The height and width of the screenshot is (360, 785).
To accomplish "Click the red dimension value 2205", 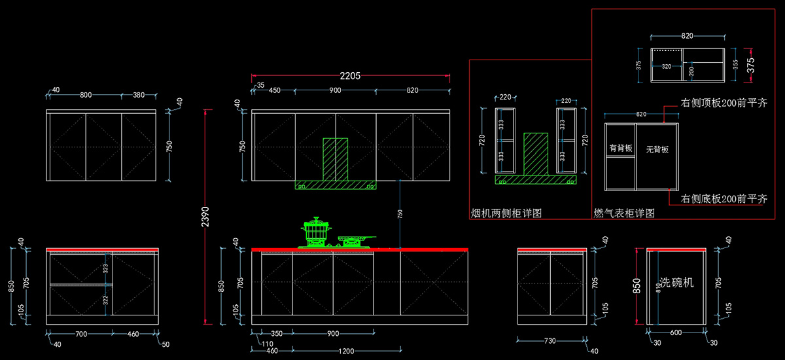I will (x=351, y=76).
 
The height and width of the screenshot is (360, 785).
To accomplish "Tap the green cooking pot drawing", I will (x=317, y=233).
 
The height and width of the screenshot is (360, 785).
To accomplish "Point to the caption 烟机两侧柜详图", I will (x=506, y=213).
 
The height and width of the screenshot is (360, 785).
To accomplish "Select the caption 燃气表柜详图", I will (x=624, y=213).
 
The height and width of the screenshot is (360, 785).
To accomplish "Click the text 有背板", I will (x=620, y=149).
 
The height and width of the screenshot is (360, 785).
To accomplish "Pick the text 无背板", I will (x=657, y=150).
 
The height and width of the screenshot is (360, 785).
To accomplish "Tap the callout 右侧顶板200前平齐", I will (x=724, y=103).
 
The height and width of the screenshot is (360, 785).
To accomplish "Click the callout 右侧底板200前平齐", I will (x=724, y=198).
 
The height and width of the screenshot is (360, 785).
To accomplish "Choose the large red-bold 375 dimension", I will (x=751, y=65).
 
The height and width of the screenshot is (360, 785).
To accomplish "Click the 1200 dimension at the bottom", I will (x=347, y=351).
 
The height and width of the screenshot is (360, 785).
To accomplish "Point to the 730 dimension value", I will (x=550, y=341).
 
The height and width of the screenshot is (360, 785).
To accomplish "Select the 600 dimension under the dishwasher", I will (x=676, y=333).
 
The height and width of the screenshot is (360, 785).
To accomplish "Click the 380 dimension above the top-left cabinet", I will (x=139, y=95).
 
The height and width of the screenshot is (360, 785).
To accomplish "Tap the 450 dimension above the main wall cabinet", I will (x=275, y=90).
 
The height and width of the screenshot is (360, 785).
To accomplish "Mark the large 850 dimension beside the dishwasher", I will (x=637, y=287).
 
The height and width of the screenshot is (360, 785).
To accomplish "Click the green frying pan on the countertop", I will (x=355, y=241).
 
